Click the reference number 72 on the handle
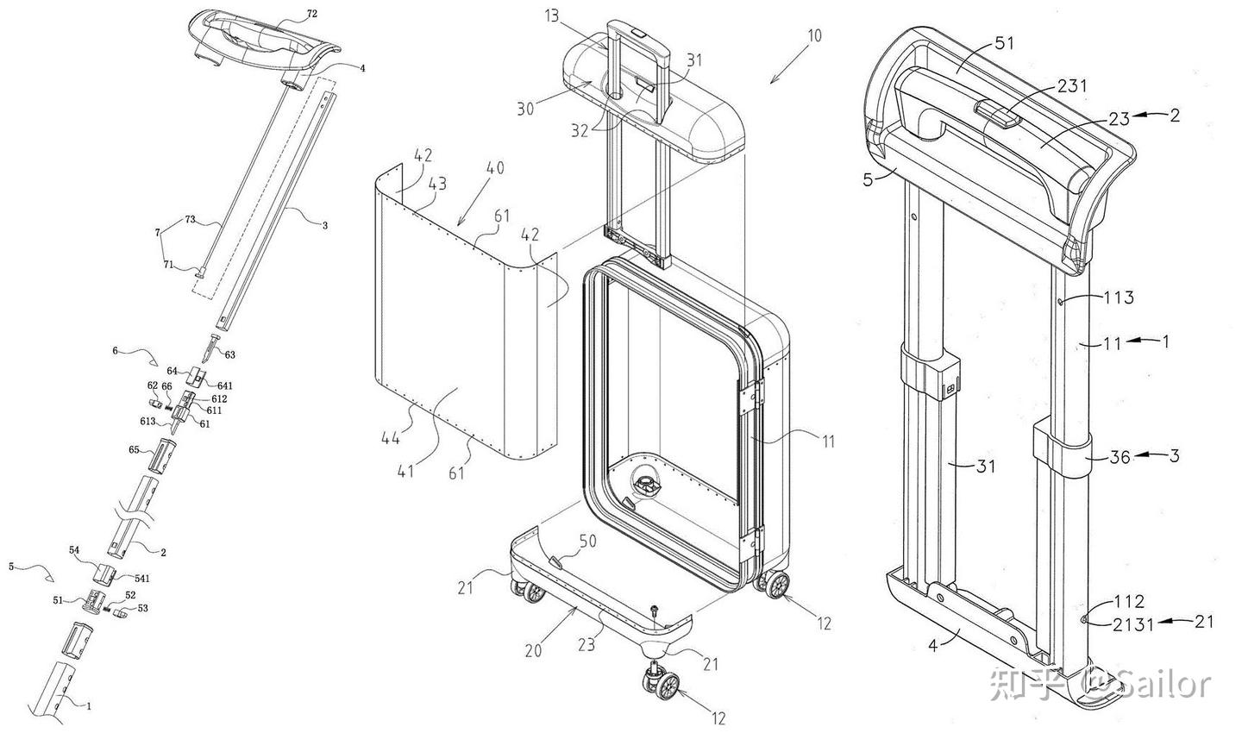pos(312,14)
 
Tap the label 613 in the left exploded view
pos(147,422)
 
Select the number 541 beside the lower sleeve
pos(142,579)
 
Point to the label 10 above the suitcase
pos(814,36)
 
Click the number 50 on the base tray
pos(587,541)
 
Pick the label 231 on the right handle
pos(1072,86)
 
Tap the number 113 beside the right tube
pos(1118,298)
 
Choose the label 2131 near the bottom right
pos(1132,624)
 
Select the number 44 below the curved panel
pos(391,439)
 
